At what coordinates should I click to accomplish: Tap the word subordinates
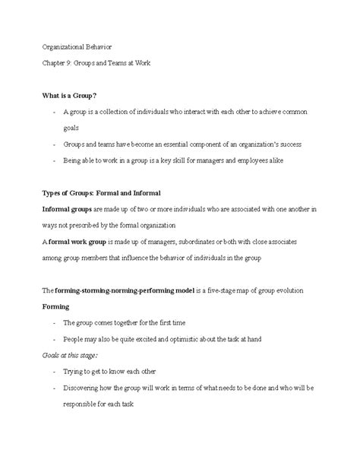pyautogui.click(x=200, y=242)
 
